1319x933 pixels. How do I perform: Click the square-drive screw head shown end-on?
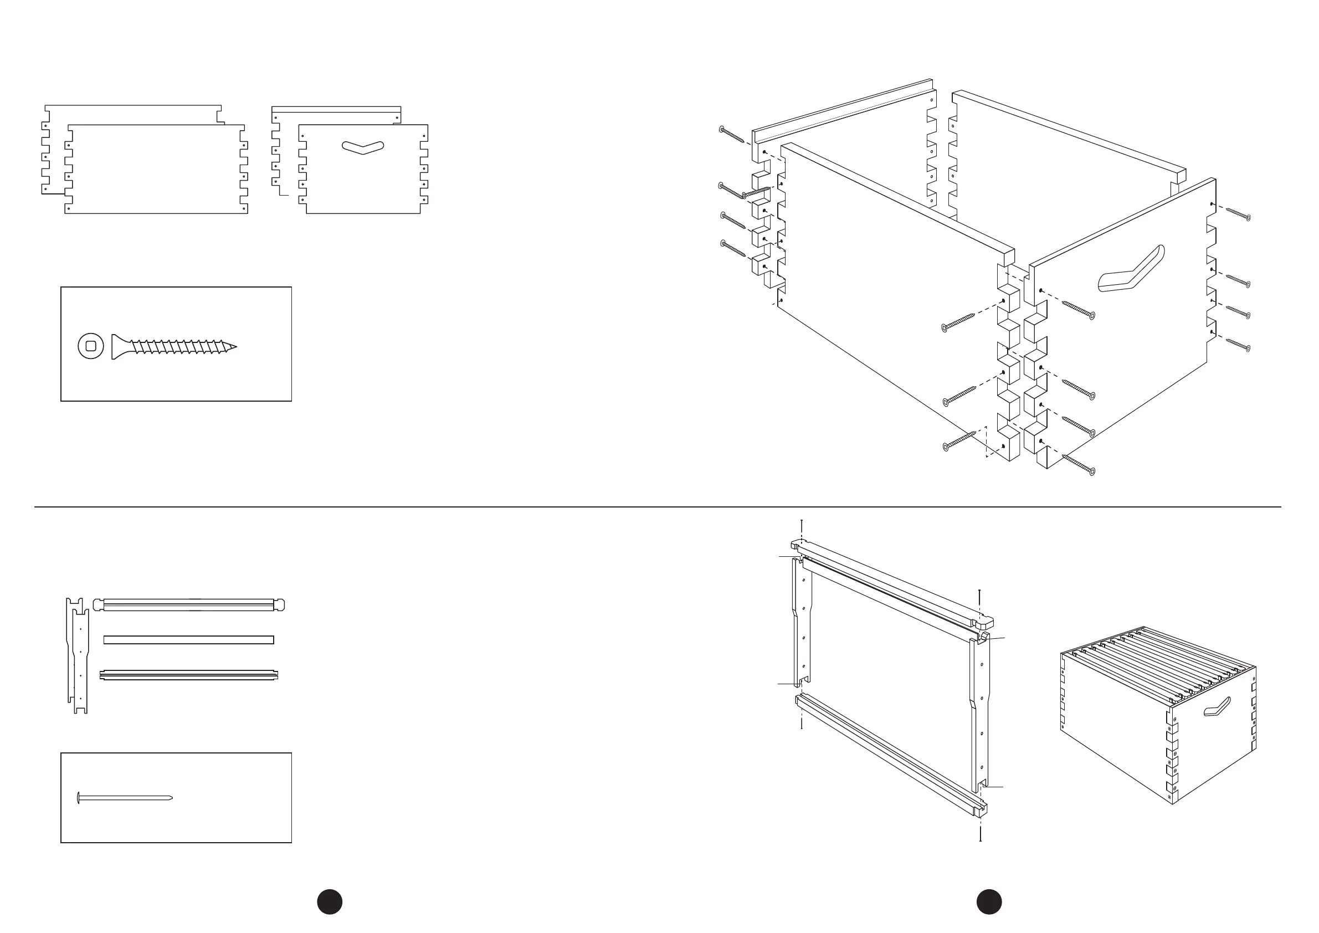click(x=91, y=346)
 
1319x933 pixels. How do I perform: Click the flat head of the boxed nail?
click(x=78, y=797)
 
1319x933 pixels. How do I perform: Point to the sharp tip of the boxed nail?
click(x=171, y=797)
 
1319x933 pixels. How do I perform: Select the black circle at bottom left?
click(x=330, y=901)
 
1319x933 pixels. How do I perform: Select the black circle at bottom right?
click(x=989, y=901)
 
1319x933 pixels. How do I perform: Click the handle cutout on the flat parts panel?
click(x=362, y=147)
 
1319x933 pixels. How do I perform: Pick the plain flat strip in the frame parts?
click(x=188, y=640)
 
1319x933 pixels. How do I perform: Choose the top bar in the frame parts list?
click(x=188, y=605)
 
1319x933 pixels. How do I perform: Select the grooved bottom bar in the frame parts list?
click(x=188, y=675)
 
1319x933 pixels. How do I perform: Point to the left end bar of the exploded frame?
click(x=803, y=623)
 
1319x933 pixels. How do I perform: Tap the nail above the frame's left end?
click(x=802, y=527)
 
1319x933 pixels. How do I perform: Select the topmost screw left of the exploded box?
click(x=732, y=136)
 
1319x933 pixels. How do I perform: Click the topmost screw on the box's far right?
click(x=1239, y=214)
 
